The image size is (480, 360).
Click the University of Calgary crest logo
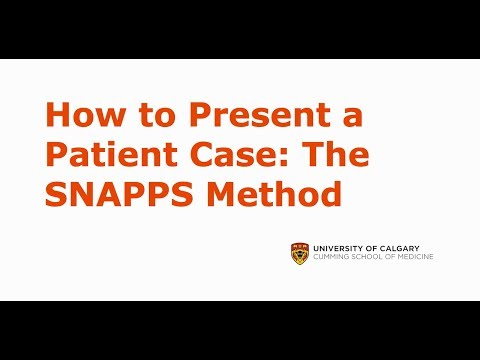[298, 254]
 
